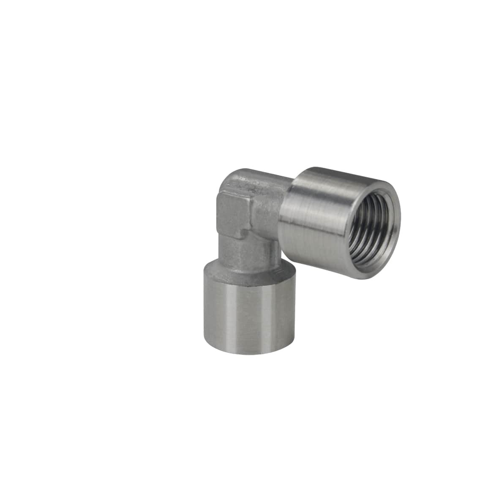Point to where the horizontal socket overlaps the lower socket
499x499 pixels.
pyautogui.click(x=287, y=264)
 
